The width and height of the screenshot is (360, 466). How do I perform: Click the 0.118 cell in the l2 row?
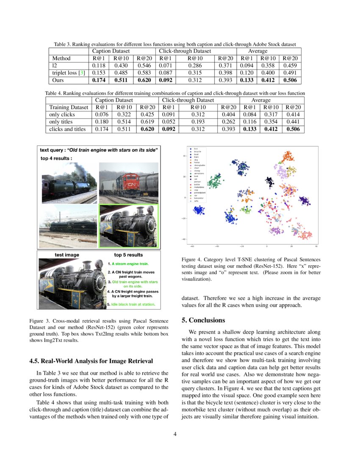click(x=99, y=65)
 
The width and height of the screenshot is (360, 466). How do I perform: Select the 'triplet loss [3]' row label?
click(x=68, y=72)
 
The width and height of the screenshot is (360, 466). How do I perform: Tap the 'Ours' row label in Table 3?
click(x=58, y=80)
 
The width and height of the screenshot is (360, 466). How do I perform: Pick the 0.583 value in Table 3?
click(x=144, y=72)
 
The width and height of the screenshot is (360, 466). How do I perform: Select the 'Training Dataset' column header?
click(x=69, y=107)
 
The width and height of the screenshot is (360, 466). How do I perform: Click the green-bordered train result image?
click(x=128, y=225)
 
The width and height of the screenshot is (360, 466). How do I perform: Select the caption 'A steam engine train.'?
click(x=130, y=264)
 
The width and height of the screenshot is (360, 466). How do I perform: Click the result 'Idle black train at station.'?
click(x=131, y=304)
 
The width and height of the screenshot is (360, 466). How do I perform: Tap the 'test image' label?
click(x=67, y=255)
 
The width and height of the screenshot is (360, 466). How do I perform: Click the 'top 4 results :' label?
click(x=56, y=158)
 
